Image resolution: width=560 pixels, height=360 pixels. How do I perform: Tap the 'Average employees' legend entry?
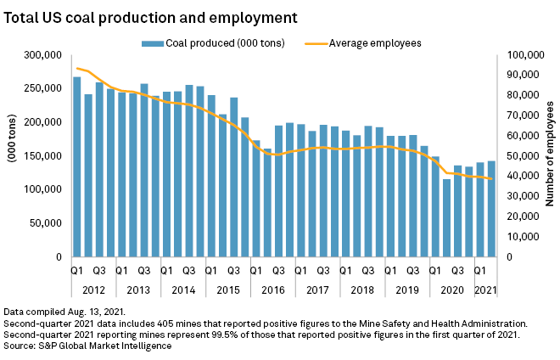[x=374, y=42]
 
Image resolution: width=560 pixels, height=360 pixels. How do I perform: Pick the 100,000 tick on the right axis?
[x=524, y=55]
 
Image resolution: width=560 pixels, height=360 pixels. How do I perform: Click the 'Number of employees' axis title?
[x=550, y=155]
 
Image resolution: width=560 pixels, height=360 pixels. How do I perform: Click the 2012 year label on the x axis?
[x=93, y=290]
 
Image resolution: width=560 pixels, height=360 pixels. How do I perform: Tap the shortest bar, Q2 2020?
[x=447, y=218]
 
